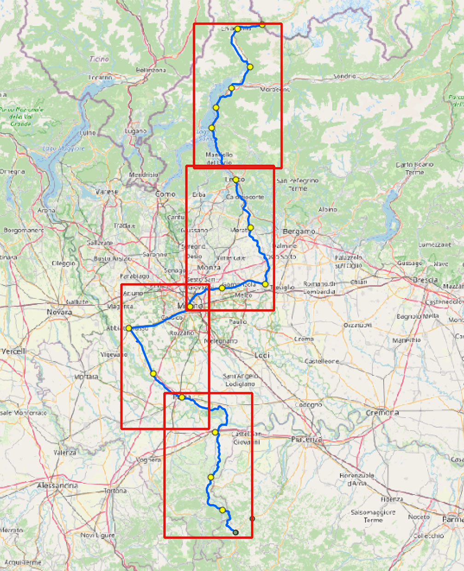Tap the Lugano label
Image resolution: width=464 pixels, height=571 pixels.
pyautogui.click(x=135, y=131)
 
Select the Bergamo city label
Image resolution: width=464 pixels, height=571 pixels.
pyautogui.click(x=299, y=231)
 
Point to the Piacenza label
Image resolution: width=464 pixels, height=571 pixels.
pyautogui.click(x=307, y=440)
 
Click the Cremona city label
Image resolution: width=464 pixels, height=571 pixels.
pyautogui.click(x=382, y=413)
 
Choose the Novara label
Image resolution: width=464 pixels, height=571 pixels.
pyautogui.click(x=59, y=312)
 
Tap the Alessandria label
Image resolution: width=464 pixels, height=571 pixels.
pyautogui.click(x=58, y=485)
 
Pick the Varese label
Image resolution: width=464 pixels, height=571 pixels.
pyautogui.click(x=106, y=191)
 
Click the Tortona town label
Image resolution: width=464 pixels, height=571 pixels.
pyautogui.click(x=115, y=491)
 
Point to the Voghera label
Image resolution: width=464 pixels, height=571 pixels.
pyautogui.click(x=148, y=460)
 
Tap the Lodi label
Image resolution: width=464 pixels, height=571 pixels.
pyautogui.click(x=262, y=355)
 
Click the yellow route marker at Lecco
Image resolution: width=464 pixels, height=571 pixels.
pyautogui.click(x=236, y=179)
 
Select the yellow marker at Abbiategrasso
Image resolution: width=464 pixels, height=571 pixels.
pyautogui.click(x=129, y=328)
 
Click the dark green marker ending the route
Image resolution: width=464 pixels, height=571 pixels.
pyautogui.click(x=236, y=532)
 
